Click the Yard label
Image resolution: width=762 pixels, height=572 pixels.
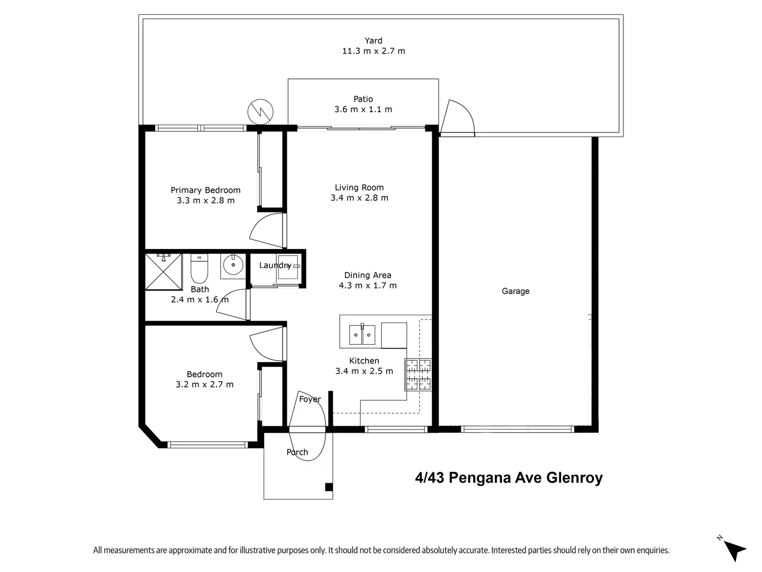pos(373,41)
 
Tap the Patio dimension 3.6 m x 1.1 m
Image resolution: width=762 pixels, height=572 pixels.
pos(363,110)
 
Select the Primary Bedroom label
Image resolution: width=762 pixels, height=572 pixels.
pos(205,190)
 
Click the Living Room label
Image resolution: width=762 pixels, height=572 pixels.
pos(359,187)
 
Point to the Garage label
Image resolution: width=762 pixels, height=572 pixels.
pos(515,291)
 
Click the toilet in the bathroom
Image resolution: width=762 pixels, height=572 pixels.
pos(199,270)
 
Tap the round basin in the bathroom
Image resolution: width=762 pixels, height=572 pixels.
pos(232,265)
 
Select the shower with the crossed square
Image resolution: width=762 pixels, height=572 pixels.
pos(164,272)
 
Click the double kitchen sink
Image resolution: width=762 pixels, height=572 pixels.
pos(362,335)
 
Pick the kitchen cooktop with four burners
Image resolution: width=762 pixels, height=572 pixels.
pos(418,374)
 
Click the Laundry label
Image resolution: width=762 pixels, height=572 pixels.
pos(275,265)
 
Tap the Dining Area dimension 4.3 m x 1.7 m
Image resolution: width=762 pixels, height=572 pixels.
pos(368,285)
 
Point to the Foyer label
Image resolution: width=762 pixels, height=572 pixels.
pos(310,399)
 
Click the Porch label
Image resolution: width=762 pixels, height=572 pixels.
pos(297,452)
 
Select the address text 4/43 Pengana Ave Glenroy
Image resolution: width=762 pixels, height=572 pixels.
pos(509,478)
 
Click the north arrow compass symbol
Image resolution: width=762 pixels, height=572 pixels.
pos(734,549)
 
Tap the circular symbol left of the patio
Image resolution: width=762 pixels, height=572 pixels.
pos(260,111)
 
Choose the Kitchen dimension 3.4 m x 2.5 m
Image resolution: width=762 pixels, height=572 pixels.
pos(364,371)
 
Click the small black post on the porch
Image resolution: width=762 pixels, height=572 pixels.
pos(329,487)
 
